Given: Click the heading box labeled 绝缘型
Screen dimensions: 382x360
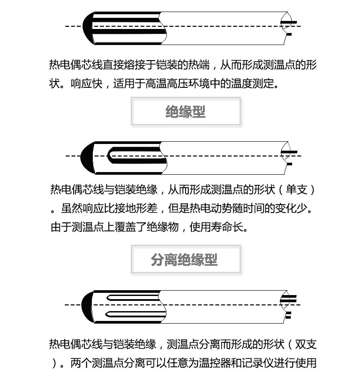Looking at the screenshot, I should point(186,111).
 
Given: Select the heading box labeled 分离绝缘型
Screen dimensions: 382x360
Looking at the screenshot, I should point(186,259).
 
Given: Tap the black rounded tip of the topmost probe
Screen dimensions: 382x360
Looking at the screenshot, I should point(87,27).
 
